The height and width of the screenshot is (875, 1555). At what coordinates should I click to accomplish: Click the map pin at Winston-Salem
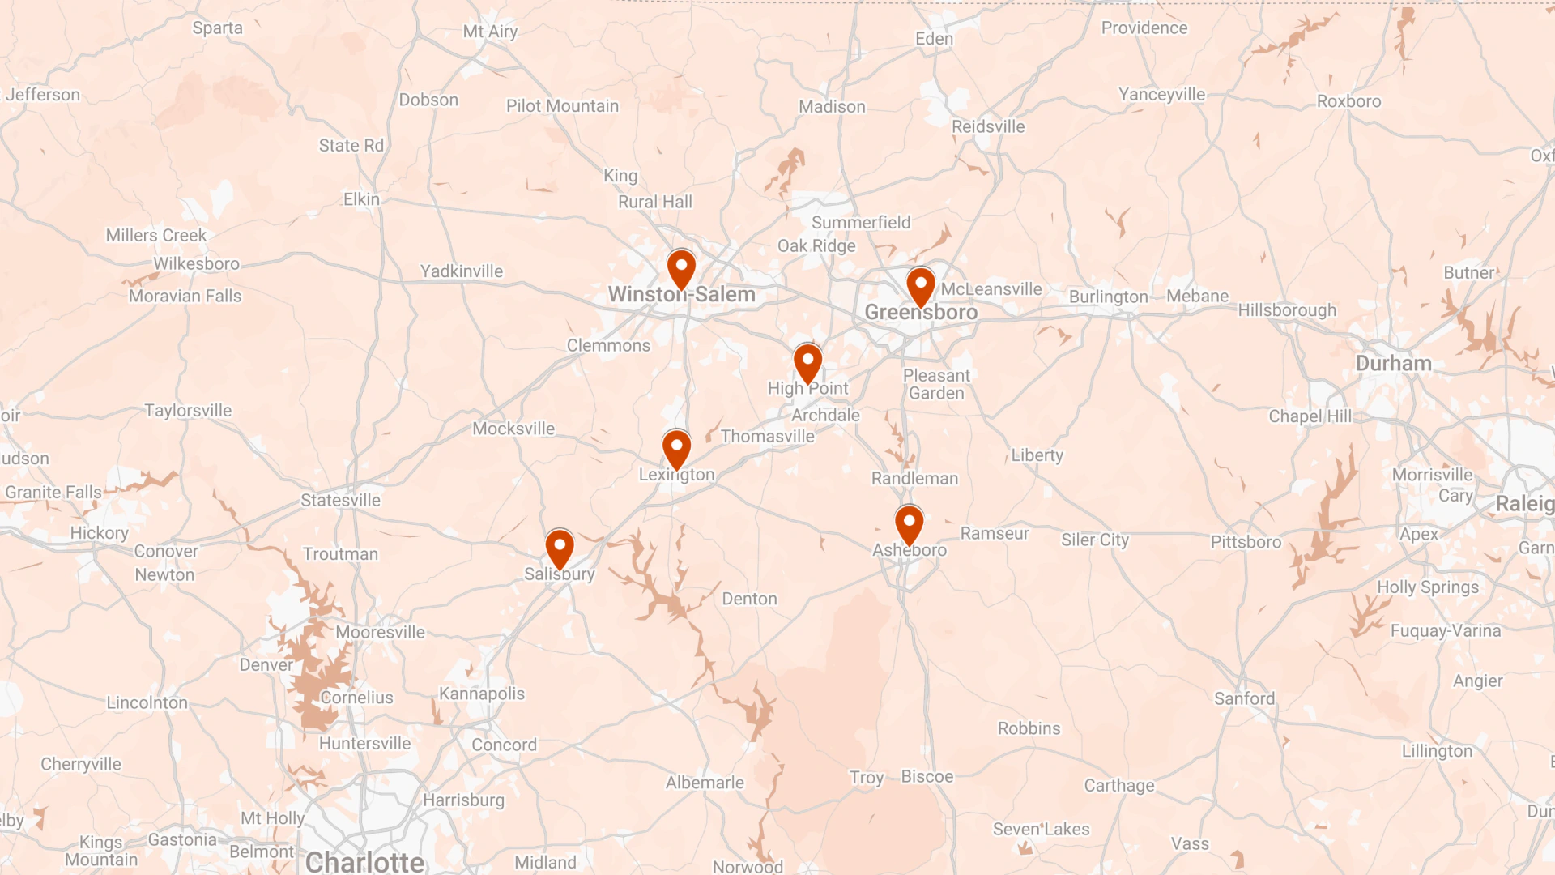pyautogui.click(x=681, y=268)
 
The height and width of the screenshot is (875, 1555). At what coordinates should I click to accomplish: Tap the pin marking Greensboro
pyautogui.click(x=921, y=285)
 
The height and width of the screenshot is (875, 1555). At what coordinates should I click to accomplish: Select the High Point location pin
pyautogui.click(x=807, y=362)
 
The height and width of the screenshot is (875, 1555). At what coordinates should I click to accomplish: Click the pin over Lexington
pyautogui.click(x=676, y=448)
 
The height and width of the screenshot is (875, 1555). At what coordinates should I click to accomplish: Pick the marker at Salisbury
pyautogui.click(x=560, y=548)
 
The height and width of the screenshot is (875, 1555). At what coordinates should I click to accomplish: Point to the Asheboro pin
pyautogui.click(x=909, y=523)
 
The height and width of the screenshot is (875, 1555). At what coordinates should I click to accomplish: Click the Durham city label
pyautogui.click(x=1393, y=363)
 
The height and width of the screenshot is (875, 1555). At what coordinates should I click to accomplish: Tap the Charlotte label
pyautogui.click(x=364, y=861)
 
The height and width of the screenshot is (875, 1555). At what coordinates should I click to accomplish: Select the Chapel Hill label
pyautogui.click(x=1310, y=416)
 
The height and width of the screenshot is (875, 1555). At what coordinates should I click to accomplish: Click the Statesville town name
pyautogui.click(x=340, y=500)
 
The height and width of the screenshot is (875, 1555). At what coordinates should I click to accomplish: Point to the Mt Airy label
pyautogui.click(x=490, y=32)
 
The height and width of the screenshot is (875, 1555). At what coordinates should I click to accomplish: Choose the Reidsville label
pyautogui.click(x=988, y=126)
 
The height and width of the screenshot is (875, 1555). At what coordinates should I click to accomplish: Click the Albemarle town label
pyautogui.click(x=705, y=783)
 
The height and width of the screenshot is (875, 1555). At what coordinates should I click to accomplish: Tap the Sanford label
pyautogui.click(x=1244, y=698)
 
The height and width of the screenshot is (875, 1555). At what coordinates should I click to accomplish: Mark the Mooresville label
pyautogui.click(x=380, y=632)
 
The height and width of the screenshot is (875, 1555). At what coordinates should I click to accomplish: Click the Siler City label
pyautogui.click(x=1095, y=540)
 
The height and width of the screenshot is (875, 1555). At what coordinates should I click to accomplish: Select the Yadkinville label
pyautogui.click(x=461, y=271)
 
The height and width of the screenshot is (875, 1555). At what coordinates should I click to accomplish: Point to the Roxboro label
pyautogui.click(x=1348, y=101)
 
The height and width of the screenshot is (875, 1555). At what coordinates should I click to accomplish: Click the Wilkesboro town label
pyautogui.click(x=197, y=263)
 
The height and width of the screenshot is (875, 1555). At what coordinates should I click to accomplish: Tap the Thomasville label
pyautogui.click(x=767, y=436)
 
